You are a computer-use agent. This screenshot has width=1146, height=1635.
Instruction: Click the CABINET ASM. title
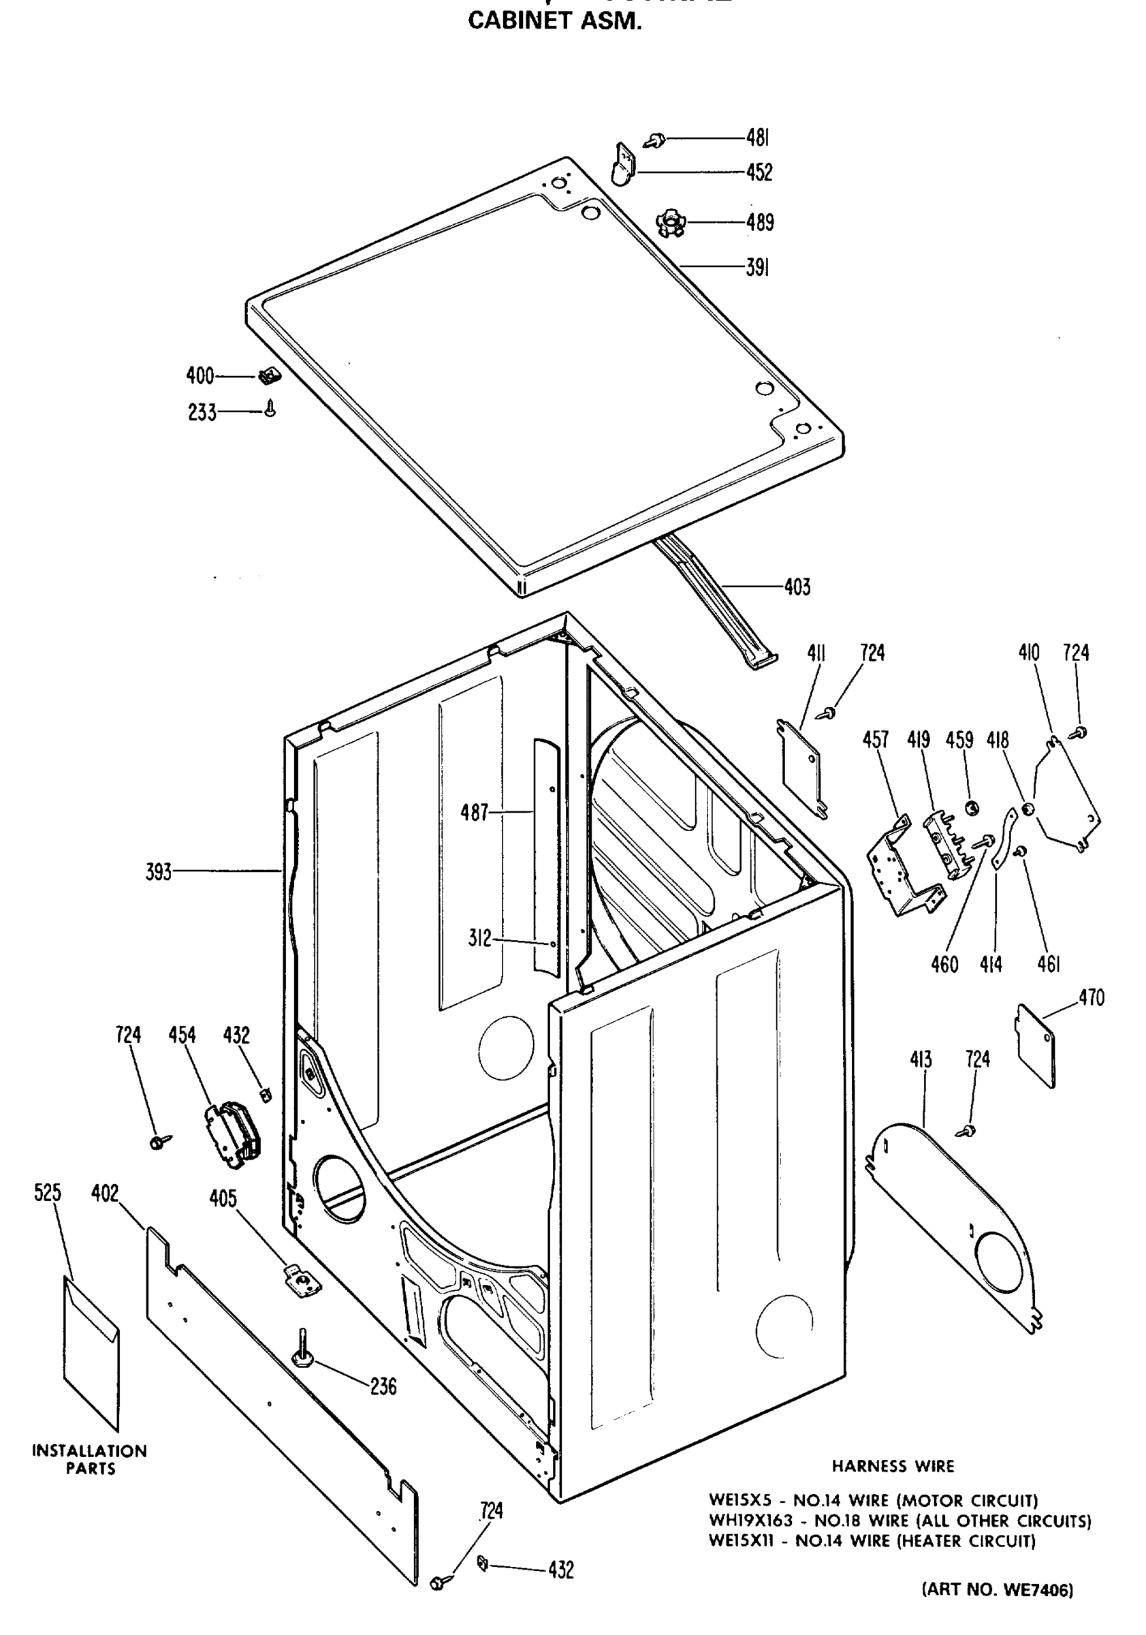[x=554, y=21]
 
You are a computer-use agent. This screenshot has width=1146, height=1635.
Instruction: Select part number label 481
[x=758, y=138]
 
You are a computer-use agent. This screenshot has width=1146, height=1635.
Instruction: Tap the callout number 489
[x=759, y=222]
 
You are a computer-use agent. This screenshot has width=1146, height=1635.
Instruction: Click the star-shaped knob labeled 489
[x=669, y=223]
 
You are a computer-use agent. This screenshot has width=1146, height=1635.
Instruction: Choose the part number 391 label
[x=757, y=268]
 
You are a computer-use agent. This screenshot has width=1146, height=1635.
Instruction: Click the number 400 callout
[x=200, y=375]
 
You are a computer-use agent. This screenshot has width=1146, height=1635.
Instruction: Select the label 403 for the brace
[x=797, y=587]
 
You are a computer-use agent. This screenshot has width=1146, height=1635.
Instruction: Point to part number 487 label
[x=475, y=812]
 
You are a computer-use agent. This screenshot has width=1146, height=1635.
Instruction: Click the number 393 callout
[x=159, y=871]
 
